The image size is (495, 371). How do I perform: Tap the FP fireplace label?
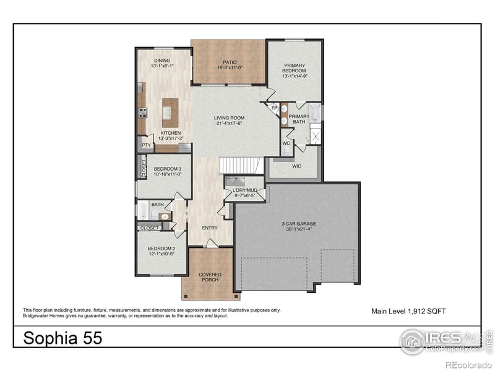pos(275,108)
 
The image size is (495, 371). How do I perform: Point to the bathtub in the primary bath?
pos(315,113)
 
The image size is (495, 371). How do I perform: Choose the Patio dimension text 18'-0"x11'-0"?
pos(229,68)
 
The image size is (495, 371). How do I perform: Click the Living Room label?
pos(230,117)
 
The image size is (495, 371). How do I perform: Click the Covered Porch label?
pos(210,277)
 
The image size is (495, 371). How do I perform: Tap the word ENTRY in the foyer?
pos(210,228)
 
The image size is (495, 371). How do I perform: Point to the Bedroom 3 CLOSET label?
pos(143,169)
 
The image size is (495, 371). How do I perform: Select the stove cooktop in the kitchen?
pos(142,113)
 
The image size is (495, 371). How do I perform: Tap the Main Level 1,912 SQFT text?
pos(408,311)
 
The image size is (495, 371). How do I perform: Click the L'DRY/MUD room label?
pos(244,190)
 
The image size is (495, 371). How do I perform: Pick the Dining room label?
pos(162,60)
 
